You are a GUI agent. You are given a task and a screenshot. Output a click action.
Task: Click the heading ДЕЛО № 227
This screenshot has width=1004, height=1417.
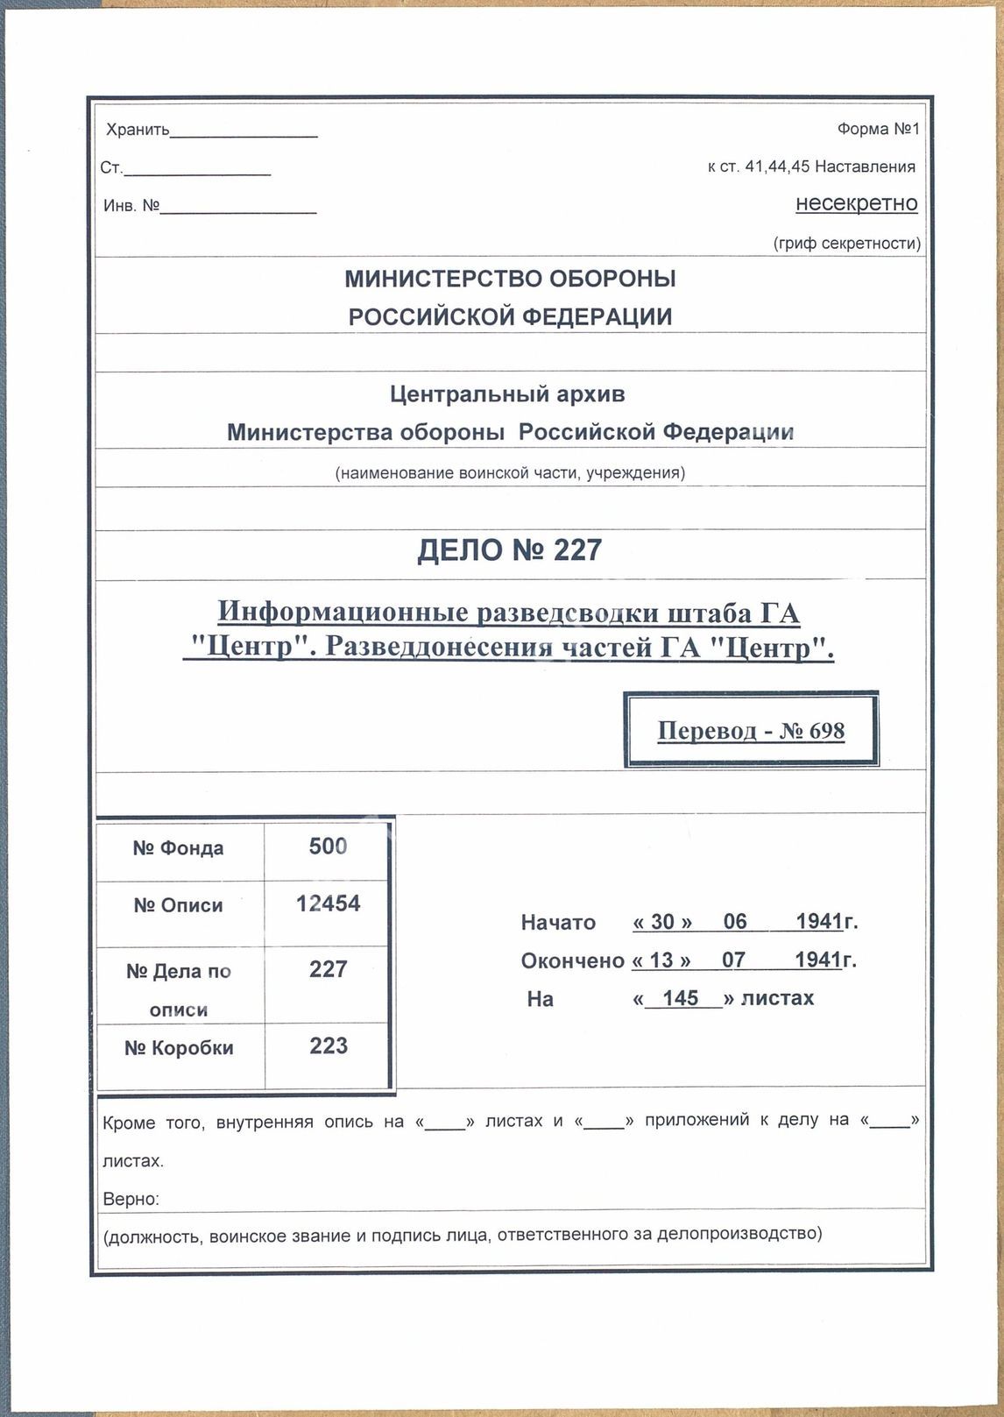tap(509, 550)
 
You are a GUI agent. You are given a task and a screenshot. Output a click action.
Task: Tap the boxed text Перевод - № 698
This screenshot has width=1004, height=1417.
tap(751, 731)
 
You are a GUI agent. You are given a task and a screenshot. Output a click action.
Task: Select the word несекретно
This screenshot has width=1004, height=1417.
tap(856, 203)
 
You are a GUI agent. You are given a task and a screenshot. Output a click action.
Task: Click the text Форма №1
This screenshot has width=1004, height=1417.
tap(878, 130)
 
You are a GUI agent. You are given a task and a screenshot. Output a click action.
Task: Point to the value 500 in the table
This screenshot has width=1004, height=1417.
tap(328, 847)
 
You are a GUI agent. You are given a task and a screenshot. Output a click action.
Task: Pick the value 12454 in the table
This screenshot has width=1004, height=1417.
tap(328, 903)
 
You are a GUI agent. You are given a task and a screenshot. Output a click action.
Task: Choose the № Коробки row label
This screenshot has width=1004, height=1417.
tap(179, 1048)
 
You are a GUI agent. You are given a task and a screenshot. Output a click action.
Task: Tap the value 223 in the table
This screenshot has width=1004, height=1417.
tap(328, 1045)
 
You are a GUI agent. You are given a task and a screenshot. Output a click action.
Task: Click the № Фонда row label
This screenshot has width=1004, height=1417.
tap(178, 848)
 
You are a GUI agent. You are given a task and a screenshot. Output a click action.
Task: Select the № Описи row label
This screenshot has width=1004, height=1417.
tap(178, 905)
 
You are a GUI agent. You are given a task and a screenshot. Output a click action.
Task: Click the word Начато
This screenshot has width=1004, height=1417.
tap(558, 923)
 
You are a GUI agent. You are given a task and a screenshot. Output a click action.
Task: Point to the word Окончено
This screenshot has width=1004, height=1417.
tap(572, 961)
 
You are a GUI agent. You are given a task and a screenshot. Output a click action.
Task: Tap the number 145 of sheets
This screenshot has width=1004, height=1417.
tap(681, 999)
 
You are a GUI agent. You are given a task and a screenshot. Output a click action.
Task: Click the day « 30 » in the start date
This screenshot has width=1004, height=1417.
tap(662, 923)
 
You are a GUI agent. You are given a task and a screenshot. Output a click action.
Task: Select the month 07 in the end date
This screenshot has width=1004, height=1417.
tap(733, 960)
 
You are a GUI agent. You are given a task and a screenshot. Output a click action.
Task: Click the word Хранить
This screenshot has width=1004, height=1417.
tap(138, 131)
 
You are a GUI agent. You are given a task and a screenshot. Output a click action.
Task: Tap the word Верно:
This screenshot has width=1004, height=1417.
tap(131, 1199)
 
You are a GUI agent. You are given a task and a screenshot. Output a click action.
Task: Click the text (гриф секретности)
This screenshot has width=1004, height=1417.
tap(846, 244)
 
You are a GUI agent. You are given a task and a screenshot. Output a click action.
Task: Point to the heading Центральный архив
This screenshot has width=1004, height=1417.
tap(507, 394)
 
